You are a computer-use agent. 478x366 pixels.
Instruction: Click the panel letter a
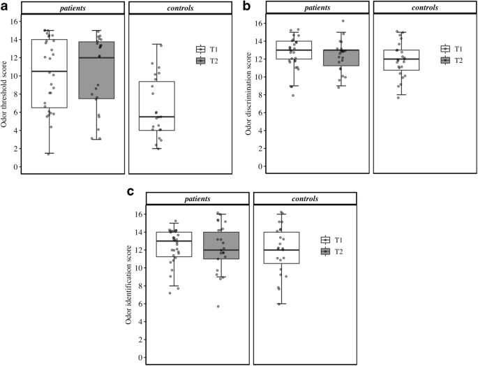pyautogui.click(x=5, y=6)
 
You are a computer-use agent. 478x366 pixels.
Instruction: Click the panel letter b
pyautogui.click(x=246, y=6)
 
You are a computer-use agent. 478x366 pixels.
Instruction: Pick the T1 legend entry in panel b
pyautogui.click(x=450, y=49)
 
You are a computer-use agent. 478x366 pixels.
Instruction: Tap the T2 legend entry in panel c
pyautogui.click(x=332, y=251)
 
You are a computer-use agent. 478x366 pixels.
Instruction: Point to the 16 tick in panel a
pyautogui.click(x=14, y=21)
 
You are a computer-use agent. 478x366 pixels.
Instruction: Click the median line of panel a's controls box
pyautogui.click(x=157, y=117)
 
